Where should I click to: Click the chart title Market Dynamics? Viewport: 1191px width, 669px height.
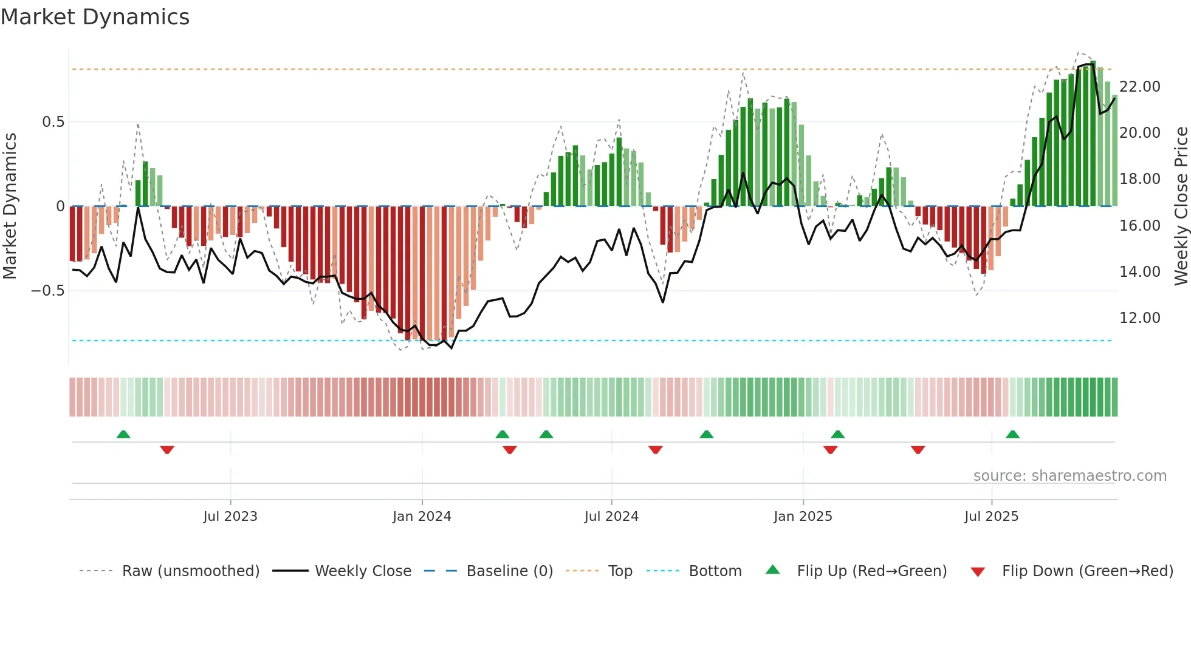[x=95, y=17]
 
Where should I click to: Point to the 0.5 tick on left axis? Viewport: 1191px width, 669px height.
[x=53, y=122]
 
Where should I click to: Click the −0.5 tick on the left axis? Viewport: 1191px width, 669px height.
[x=47, y=291]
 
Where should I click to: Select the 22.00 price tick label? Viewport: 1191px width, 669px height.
[x=1139, y=87]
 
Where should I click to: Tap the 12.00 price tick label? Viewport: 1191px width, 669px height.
[x=1139, y=318]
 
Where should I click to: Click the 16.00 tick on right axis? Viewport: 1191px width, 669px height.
[x=1139, y=226]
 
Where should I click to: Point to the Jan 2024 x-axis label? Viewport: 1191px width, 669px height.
[x=422, y=517]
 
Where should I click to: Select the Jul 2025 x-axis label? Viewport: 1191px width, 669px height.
[x=991, y=517]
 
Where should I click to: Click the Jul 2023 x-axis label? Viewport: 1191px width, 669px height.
[x=230, y=517]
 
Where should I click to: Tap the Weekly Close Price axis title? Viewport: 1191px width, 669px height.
[x=1181, y=206]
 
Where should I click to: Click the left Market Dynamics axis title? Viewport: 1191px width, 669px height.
[x=10, y=206]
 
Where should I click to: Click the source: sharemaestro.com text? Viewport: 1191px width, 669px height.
[x=1069, y=476]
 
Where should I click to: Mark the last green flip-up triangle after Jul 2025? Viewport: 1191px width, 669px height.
[x=1012, y=435]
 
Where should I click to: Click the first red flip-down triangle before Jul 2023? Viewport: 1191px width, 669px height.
[x=167, y=450]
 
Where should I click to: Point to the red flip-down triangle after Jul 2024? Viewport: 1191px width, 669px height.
[x=655, y=450]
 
